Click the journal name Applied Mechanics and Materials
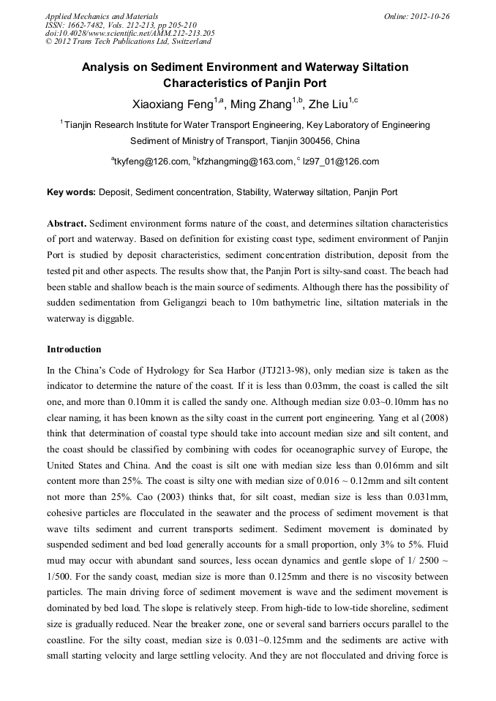coord(102,16)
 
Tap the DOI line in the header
coord(129,33)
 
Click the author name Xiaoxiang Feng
coord(168,105)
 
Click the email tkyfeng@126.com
coord(151,162)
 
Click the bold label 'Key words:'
coord(71,193)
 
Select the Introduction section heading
coord(74,349)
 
